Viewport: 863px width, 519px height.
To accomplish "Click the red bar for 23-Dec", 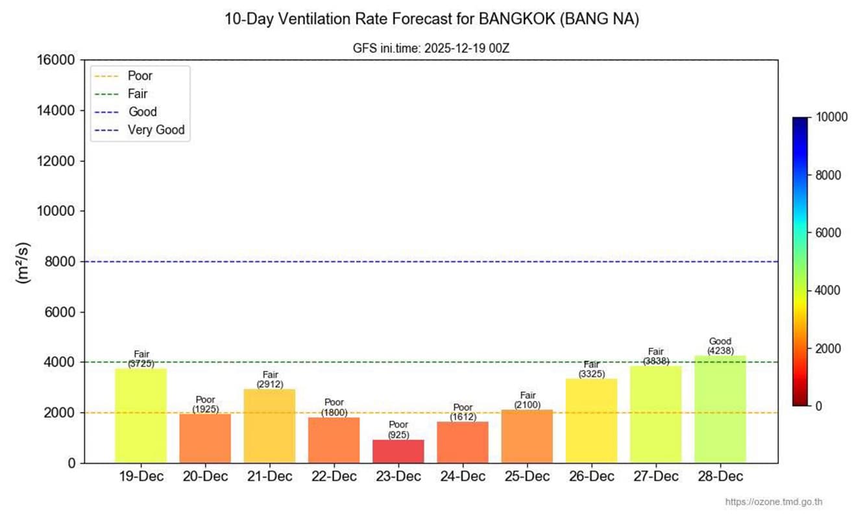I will [398, 452].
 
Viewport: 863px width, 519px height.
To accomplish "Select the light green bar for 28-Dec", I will [720, 409].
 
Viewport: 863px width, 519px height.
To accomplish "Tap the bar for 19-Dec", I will [141, 416].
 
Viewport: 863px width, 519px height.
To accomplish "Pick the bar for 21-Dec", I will [270, 426].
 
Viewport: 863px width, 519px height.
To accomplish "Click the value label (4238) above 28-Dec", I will [720, 350].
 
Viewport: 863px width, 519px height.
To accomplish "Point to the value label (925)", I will [398, 435].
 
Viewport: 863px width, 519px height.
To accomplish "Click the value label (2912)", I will [270, 384].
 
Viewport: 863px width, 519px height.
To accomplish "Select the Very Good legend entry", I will [156, 130].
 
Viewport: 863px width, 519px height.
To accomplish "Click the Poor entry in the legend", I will [140, 76].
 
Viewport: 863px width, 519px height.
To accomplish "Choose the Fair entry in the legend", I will [138, 94].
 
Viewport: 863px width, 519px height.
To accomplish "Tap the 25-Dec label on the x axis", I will [527, 477].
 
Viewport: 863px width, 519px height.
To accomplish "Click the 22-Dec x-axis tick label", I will [334, 477].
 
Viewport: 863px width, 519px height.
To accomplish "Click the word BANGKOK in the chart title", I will [517, 19].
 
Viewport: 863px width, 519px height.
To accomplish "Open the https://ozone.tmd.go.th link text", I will [774, 502].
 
